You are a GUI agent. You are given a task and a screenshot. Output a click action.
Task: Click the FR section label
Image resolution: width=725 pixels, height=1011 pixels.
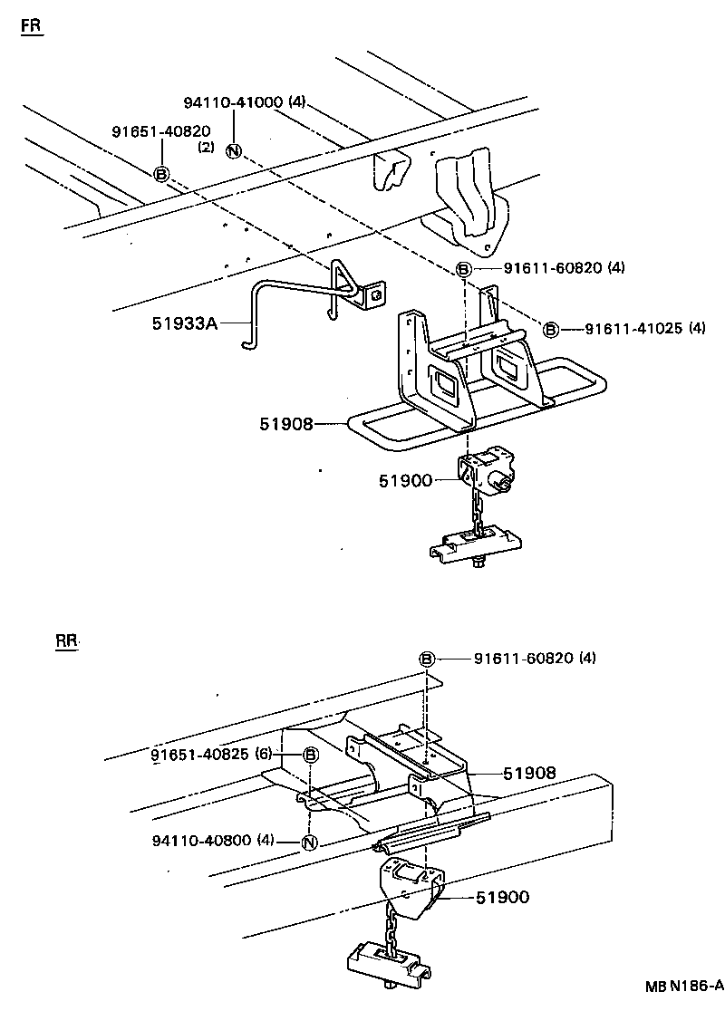[32, 26]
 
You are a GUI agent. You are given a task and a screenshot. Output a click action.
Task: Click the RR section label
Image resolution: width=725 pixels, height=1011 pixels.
[67, 641]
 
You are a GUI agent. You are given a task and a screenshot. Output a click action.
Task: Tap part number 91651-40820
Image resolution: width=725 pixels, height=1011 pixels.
[161, 131]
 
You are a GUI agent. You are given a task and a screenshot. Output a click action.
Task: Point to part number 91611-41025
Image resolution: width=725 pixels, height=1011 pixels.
[632, 329]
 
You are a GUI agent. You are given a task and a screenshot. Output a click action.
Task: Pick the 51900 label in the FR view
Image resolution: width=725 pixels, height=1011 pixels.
[405, 481]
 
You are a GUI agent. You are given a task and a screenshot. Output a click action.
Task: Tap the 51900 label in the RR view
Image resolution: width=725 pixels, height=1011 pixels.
[503, 897]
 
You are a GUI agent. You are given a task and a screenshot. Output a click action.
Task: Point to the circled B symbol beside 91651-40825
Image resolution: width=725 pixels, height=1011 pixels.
[309, 756]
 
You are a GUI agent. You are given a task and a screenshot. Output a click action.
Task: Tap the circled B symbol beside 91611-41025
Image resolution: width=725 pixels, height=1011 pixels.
[550, 329]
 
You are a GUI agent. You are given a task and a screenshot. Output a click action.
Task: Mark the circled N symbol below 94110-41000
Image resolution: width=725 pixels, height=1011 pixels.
[234, 151]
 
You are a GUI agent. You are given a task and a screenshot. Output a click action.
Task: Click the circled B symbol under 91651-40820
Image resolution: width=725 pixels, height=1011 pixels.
[161, 174]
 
